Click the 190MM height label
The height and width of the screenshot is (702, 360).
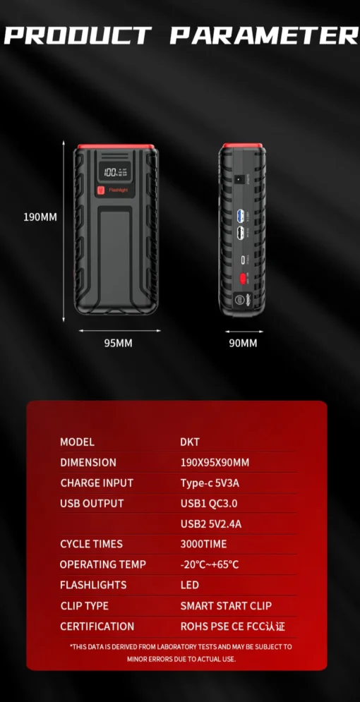(x=40, y=217)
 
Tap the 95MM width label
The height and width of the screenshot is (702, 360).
(x=119, y=343)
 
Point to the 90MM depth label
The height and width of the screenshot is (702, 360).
(x=244, y=343)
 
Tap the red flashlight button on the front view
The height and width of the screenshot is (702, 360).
(x=102, y=190)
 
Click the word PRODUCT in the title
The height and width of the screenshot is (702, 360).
(x=78, y=35)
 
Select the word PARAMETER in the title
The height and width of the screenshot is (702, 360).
(x=264, y=35)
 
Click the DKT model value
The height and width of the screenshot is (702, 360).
(x=190, y=442)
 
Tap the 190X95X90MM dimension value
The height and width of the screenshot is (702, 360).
(x=215, y=463)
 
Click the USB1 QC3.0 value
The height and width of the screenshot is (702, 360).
(x=210, y=503)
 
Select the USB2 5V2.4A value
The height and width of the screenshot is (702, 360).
(x=211, y=524)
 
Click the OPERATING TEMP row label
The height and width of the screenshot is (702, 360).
(x=103, y=564)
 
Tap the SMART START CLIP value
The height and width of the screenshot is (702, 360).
(x=226, y=605)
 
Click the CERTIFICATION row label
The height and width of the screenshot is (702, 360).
(x=97, y=626)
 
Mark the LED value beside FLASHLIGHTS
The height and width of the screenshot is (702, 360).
(x=189, y=585)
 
